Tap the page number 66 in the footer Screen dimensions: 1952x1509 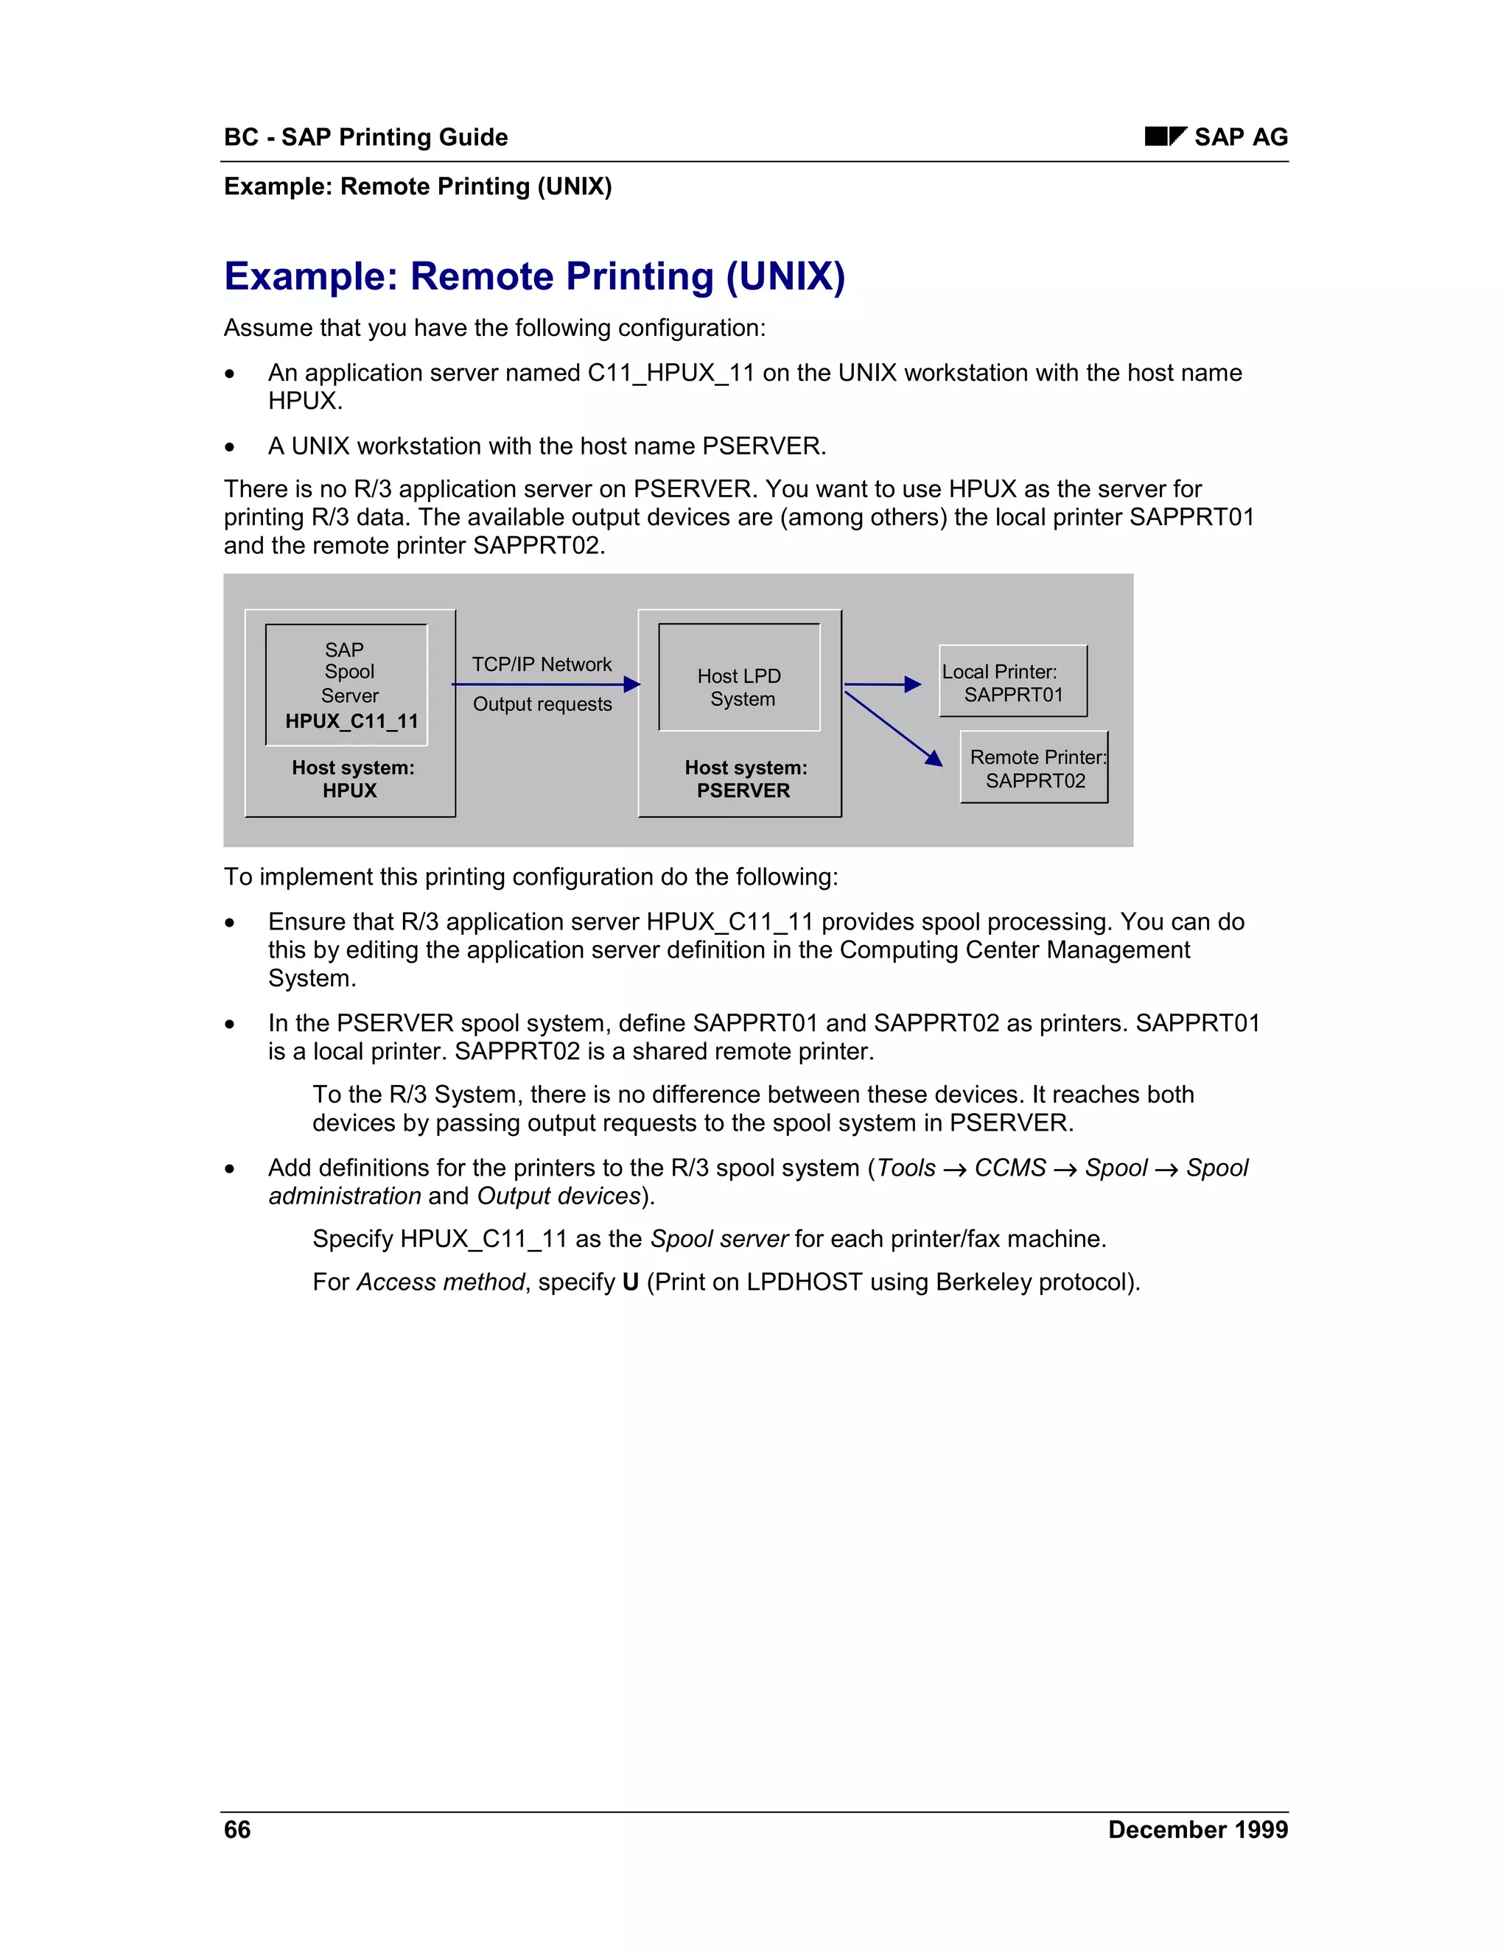(x=237, y=1830)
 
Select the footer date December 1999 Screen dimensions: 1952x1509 (x=1197, y=1830)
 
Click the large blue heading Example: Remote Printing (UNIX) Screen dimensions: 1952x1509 (x=533, y=276)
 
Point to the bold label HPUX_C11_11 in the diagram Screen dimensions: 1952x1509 (x=351, y=721)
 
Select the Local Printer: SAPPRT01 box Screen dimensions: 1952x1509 (x=1013, y=682)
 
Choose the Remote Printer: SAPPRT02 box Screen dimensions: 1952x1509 (x=1034, y=768)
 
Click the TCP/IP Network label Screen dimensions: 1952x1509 (x=542, y=664)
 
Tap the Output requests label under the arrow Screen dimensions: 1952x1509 (x=542, y=704)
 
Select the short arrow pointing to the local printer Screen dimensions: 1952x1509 (x=881, y=684)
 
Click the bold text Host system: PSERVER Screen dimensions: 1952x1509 (x=745, y=779)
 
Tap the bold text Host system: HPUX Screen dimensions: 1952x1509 (x=352, y=779)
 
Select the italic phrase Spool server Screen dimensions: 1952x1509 (x=718, y=1239)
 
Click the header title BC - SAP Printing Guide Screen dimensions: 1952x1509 (x=365, y=137)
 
